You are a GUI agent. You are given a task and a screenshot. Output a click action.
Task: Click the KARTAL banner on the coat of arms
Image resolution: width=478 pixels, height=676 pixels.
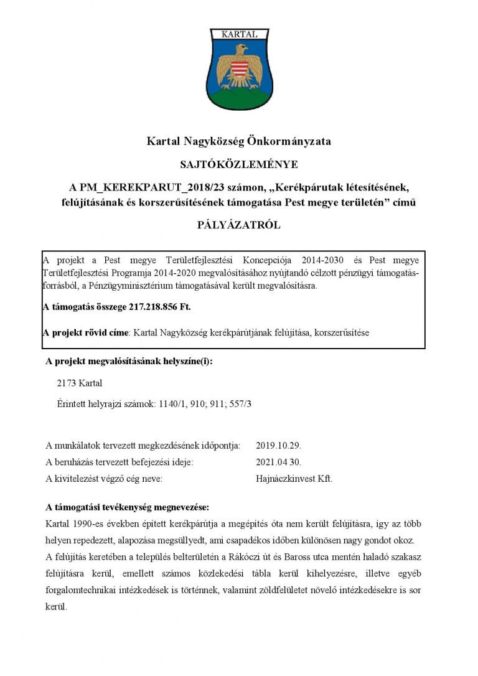[x=239, y=35]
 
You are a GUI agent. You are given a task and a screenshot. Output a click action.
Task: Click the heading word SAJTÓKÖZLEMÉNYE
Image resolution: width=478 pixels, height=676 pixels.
[x=238, y=165]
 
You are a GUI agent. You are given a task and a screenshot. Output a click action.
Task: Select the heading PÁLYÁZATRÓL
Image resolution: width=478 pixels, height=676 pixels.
[x=238, y=225]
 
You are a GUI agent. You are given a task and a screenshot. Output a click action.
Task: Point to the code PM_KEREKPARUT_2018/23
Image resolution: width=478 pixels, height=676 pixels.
[x=138, y=187]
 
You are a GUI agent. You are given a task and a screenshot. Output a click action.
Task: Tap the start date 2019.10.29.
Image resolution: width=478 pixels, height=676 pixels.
[x=279, y=446]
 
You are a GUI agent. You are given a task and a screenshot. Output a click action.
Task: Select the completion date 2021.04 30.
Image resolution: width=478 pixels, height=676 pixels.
[x=279, y=462]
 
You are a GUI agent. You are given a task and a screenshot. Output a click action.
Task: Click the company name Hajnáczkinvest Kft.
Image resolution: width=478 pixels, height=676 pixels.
[x=294, y=479]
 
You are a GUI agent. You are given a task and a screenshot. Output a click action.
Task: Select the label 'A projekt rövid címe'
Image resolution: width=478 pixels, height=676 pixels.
[x=86, y=332]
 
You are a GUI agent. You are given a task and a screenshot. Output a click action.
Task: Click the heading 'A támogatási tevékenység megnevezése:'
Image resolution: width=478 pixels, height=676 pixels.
[x=128, y=507]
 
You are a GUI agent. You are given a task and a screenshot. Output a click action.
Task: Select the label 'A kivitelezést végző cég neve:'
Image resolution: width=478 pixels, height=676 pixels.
[x=105, y=479]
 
